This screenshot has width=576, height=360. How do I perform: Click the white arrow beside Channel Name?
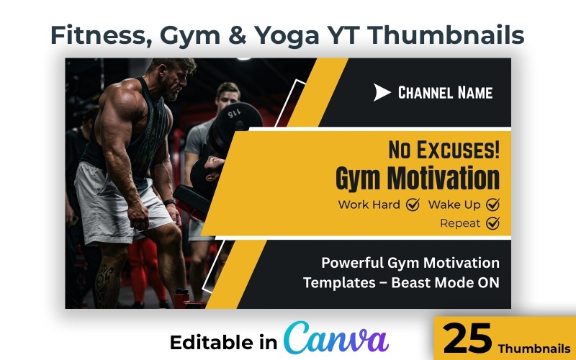click(382, 92)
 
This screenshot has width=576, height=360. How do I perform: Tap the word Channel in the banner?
click(423, 92)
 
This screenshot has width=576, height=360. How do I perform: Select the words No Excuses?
click(444, 150)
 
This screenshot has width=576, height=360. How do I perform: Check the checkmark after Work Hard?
click(413, 204)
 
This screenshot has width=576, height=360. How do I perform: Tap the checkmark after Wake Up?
click(492, 204)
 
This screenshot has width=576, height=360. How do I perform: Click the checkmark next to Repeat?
click(492, 223)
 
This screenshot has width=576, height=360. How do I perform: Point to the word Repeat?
click(459, 223)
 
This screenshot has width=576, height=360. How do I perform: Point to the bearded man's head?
click(176, 78)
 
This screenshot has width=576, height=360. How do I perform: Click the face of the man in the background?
click(228, 97)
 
